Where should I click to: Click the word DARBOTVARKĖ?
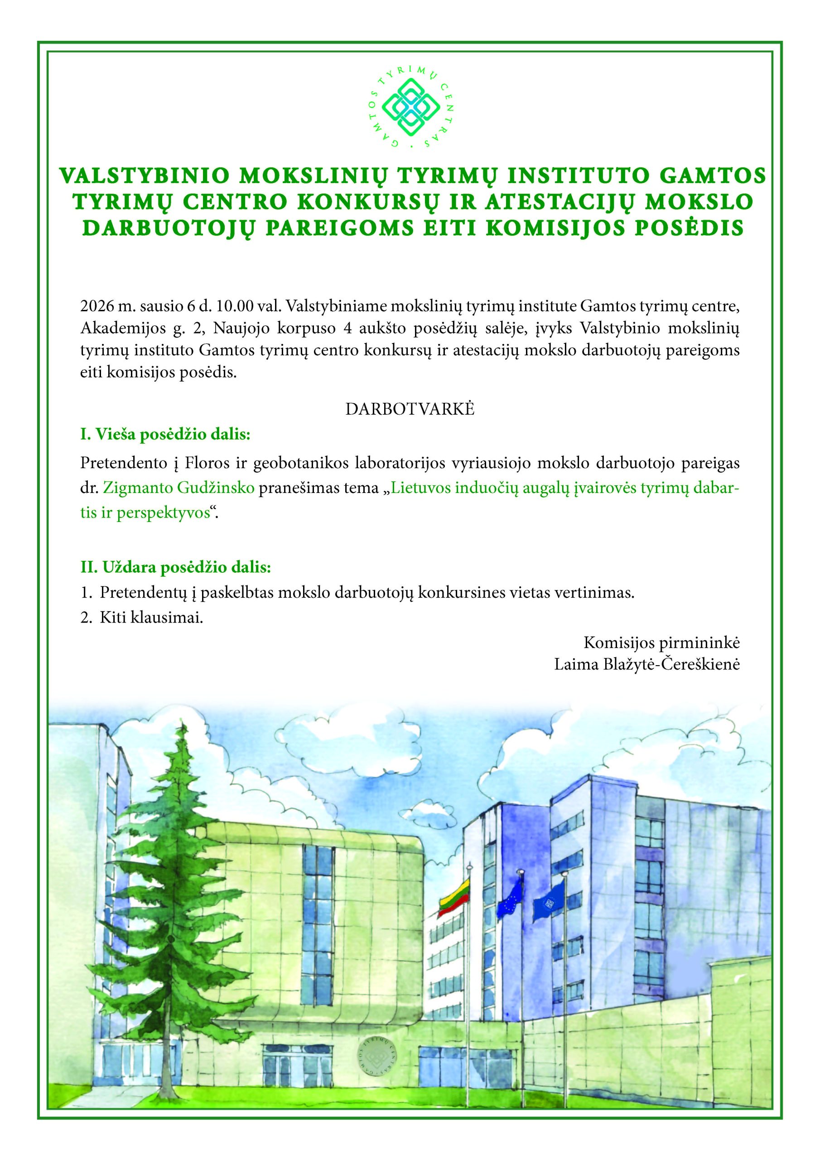click(x=410, y=409)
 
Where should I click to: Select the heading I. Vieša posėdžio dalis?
click(x=165, y=435)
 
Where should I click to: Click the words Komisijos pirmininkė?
click(x=662, y=643)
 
